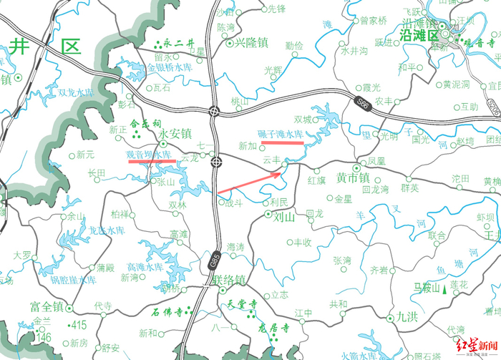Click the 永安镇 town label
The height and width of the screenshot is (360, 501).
pos(176,133)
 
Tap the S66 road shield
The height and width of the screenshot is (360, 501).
pos(363,104)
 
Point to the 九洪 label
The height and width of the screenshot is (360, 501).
pos(409,317)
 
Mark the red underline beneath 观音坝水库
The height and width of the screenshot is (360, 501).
pos(152,161)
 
